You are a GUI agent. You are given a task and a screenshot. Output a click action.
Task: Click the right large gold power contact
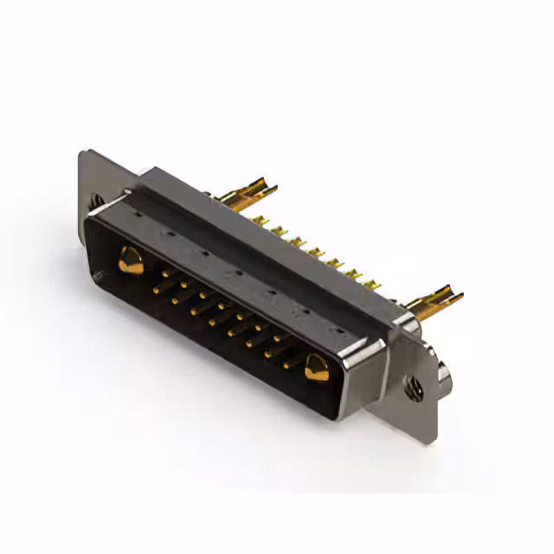[316, 367]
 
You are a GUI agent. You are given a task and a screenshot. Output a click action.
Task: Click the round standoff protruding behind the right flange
[446, 376]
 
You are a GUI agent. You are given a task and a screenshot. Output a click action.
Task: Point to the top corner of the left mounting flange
[83, 155]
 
